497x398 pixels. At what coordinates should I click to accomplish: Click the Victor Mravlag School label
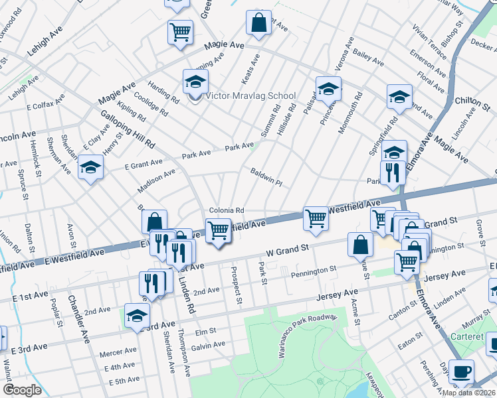(250, 96)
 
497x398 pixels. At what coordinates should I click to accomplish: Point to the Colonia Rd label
(227, 210)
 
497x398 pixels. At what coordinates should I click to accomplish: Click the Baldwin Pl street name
(266, 177)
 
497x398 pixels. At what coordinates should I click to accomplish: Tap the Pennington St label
(308, 271)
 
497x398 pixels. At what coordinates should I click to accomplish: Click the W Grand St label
(288, 251)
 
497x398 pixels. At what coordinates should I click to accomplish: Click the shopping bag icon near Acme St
(359, 244)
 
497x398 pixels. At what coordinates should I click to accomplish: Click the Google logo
(22, 390)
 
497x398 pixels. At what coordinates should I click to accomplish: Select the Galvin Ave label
(209, 345)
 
